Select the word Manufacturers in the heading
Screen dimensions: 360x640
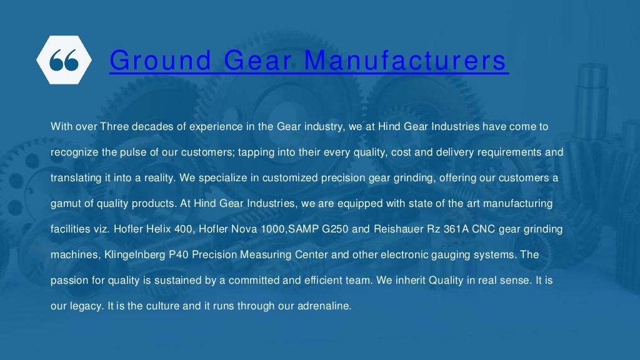tap(407, 61)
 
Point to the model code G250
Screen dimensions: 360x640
tap(334, 229)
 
